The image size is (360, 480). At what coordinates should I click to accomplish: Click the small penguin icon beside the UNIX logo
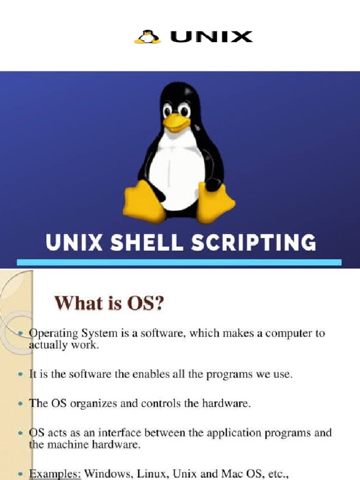148,37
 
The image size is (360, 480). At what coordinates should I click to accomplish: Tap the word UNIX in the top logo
211,37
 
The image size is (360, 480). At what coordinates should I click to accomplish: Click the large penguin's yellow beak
176,123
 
